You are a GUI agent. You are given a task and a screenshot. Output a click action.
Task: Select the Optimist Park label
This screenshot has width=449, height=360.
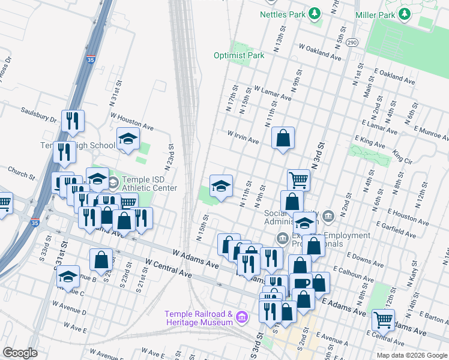pos(239,56)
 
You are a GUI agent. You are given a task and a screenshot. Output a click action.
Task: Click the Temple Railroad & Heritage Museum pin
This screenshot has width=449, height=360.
pos(241,316)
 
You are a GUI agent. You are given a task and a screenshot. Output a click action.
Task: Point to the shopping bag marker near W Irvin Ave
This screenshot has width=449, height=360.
pos(283,138)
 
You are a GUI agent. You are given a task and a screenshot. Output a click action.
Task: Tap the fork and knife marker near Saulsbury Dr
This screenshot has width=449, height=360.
pos(73,121)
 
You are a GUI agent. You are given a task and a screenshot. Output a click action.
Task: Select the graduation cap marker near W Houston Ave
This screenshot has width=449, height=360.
pos(128,139)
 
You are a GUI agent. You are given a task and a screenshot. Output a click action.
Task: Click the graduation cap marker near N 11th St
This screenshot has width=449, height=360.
pos(221,184)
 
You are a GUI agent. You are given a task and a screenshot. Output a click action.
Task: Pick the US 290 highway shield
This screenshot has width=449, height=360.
pos(352,43)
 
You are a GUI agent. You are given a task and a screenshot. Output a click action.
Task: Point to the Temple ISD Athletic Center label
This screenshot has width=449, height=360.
pos(149,184)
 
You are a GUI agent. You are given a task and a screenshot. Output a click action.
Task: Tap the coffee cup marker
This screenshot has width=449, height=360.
pos(300,284)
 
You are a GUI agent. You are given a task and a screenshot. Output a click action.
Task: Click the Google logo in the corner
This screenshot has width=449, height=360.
pos(20,353)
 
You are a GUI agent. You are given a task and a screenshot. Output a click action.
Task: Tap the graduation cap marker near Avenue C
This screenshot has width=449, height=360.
pos(68,276)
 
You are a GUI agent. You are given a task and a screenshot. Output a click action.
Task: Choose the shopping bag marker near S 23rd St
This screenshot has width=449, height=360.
pos(101,260)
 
